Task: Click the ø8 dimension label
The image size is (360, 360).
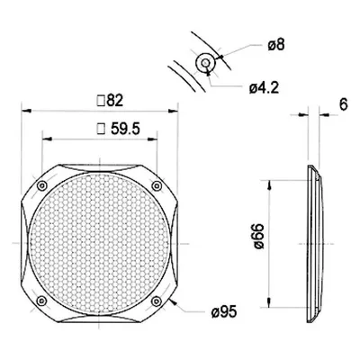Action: coord(275,46)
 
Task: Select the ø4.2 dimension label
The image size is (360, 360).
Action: coord(264,88)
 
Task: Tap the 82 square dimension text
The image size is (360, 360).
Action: coord(110,101)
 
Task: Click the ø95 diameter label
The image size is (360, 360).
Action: coord(224,312)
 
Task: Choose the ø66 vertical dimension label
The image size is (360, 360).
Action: coord(258,236)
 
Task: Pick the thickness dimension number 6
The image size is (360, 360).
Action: coord(344,104)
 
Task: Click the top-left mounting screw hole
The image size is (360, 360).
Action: coord(42,185)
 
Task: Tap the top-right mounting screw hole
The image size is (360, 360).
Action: coord(157,186)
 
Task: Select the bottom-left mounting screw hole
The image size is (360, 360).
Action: coord(41,301)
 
